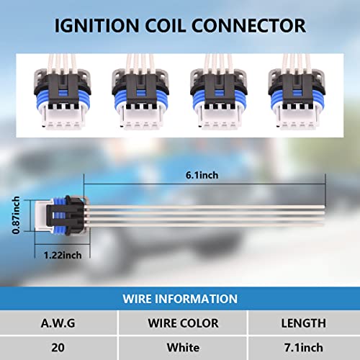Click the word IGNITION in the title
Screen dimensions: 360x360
pos(96,25)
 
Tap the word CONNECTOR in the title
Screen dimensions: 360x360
pos(248,25)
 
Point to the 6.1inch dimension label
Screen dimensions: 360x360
pos(202,175)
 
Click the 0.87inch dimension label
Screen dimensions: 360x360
pos(16,215)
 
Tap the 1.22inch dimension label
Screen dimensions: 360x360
pos(63,255)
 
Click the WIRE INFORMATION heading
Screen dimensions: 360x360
pos(180,299)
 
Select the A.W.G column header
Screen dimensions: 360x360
pos(58,323)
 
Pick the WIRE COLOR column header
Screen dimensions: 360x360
pos(183,323)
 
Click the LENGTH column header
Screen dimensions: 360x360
pos(304,323)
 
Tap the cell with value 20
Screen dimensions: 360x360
pos(58,348)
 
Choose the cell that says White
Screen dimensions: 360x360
pos(183,348)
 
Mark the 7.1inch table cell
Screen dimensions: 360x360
pos(304,348)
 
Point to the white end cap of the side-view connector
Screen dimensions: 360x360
pos(41,216)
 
